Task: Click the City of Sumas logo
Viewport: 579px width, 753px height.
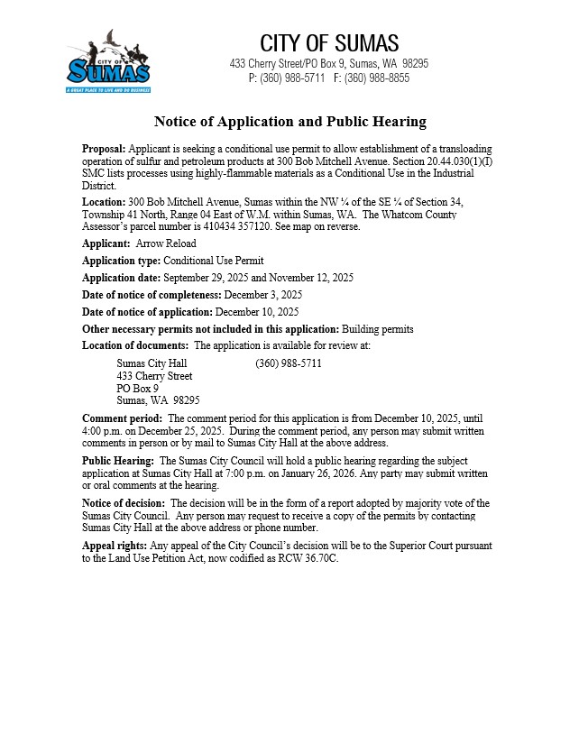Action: [x=108, y=62]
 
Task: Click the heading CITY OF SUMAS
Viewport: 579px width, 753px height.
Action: [x=329, y=43]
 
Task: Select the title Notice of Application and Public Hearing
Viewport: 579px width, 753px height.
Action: [x=289, y=122]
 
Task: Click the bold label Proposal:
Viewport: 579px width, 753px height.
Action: [x=105, y=148]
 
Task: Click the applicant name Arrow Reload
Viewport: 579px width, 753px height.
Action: [x=165, y=243]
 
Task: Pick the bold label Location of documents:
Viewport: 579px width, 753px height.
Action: [x=136, y=345]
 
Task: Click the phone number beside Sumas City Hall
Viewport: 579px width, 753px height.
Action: [x=289, y=363]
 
